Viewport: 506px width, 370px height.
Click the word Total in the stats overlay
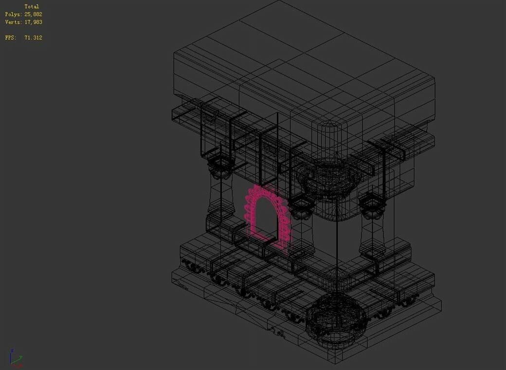point(32,6)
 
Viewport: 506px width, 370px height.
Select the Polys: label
point(14,14)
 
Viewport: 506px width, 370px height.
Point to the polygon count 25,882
point(33,14)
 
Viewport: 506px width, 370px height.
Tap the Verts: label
point(14,22)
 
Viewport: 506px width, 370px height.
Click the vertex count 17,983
point(33,22)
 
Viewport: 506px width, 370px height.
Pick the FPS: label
point(10,37)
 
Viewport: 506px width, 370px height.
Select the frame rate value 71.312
point(33,37)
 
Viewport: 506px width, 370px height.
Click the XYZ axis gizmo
point(15,358)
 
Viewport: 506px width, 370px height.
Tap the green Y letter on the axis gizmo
point(20,357)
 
